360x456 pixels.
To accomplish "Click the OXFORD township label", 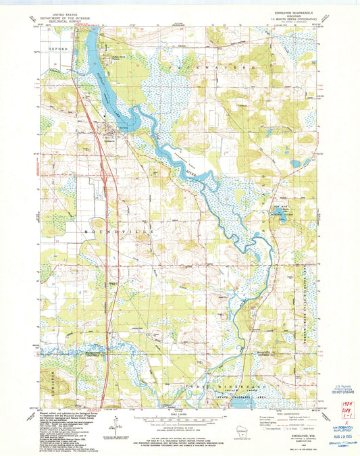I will tap(58, 50).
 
